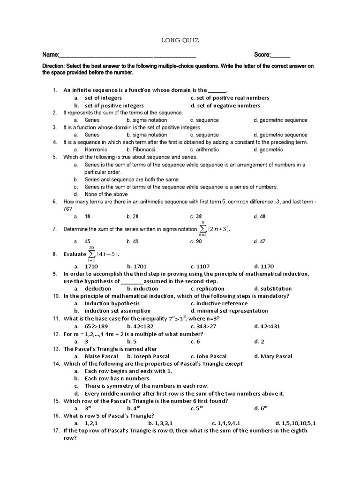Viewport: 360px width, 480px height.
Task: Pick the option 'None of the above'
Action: coord(106,194)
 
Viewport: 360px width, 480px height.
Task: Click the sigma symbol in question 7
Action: coord(202,228)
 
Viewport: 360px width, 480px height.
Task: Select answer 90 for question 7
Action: coord(195,241)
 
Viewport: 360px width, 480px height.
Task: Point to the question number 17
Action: coord(54,431)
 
